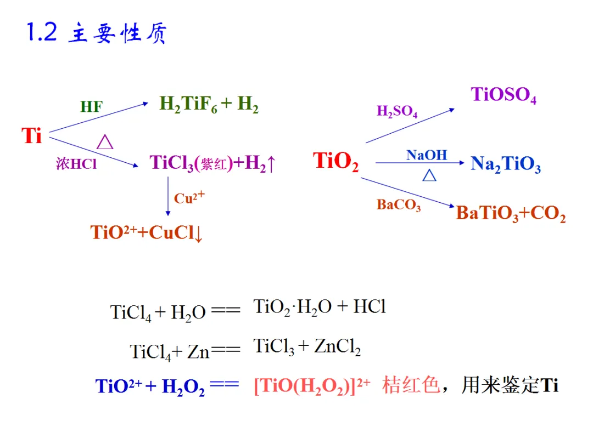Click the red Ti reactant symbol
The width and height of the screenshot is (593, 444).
(32, 135)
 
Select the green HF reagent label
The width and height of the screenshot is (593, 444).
(91, 106)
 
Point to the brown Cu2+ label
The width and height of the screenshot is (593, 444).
(189, 197)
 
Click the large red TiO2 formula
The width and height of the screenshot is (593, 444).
(335, 161)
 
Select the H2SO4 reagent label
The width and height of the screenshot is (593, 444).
(396, 111)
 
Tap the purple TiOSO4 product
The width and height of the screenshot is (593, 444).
(503, 95)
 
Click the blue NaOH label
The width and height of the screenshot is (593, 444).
(427, 155)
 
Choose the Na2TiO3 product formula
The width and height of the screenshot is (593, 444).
(505, 164)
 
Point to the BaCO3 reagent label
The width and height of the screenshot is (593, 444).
(399, 205)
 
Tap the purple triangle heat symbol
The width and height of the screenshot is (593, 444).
(105, 143)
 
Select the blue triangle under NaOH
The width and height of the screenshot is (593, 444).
(429, 175)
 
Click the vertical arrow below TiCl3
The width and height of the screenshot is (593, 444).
(168, 196)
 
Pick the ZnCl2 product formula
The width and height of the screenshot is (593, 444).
(337, 347)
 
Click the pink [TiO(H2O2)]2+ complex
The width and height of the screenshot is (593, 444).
(312, 386)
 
